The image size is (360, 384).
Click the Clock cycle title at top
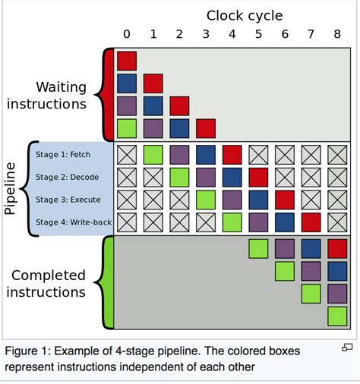(x=245, y=15)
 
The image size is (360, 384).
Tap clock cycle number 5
(x=258, y=33)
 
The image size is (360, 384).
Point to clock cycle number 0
(x=127, y=33)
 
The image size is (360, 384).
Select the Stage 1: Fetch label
(x=64, y=155)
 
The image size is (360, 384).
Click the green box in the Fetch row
(x=153, y=155)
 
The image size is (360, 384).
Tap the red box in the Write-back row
(x=311, y=222)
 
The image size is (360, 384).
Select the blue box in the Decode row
(x=232, y=177)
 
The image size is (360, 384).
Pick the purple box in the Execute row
(x=232, y=200)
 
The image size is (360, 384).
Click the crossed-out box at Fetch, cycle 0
(x=127, y=155)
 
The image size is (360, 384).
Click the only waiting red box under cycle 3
(x=206, y=128)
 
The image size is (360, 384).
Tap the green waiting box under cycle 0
(x=127, y=128)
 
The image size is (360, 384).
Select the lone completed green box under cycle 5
(x=258, y=248)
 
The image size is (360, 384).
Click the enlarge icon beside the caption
(x=347, y=348)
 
